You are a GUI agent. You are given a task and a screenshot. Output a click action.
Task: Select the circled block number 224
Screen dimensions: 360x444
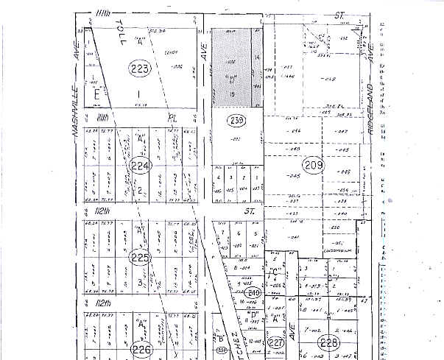(x=140, y=166)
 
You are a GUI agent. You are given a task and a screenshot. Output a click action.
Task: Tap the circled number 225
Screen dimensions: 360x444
(x=139, y=258)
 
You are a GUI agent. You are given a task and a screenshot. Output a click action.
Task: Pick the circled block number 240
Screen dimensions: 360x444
(x=254, y=292)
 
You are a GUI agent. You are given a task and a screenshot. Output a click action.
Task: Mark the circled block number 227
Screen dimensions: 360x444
(x=276, y=343)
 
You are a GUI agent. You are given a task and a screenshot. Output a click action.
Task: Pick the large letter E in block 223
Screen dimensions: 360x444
(x=96, y=93)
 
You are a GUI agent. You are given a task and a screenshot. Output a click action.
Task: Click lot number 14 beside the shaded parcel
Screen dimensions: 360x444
(x=257, y=57)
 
